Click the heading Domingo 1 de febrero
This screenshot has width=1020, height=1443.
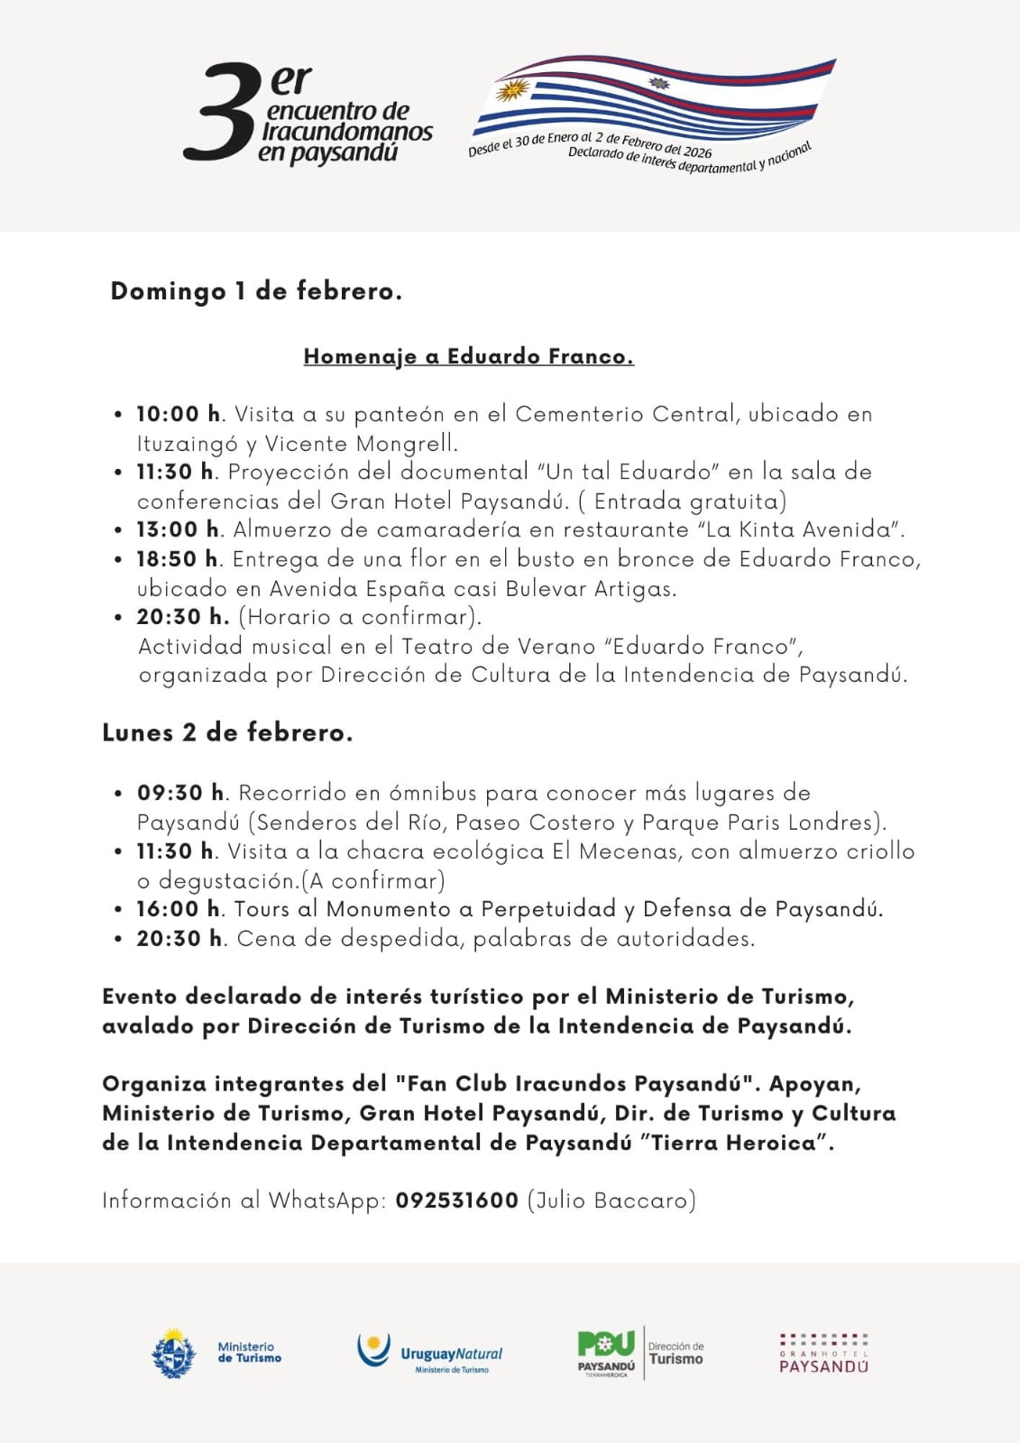pos(256,291)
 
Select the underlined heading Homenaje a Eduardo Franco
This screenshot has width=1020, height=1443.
pos(468,356)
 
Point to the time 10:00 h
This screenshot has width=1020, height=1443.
pos(178,414)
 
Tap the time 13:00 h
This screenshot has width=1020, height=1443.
pos(178,529)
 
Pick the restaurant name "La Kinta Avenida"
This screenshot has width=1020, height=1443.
pos(800,529)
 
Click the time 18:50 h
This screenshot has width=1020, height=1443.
pos(178,559)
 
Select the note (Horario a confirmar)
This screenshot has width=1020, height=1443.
pos(359,617)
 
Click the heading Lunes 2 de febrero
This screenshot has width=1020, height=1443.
pos(227,732)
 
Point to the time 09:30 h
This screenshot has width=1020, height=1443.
pos(180,793)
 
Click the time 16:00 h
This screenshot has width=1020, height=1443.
pos(178,909)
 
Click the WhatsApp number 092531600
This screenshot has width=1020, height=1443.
pos(456,1200)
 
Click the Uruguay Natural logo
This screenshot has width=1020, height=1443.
pos(430,1353)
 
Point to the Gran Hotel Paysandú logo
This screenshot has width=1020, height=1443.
pos(823,1353)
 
